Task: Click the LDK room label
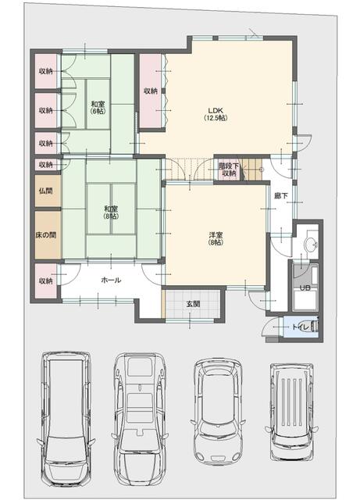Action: [x=216, y=114]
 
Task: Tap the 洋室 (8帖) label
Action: [x=216, y=238]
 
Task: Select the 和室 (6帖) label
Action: [x=98, y=108]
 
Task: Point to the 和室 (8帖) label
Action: [x=111, y=212]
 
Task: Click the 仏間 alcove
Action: [x=48, y=191]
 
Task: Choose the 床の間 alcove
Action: [x=48, y=235]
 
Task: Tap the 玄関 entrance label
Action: [x=193, y=304]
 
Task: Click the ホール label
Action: [x=111, y=280]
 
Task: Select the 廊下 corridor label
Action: [x=281, y=195]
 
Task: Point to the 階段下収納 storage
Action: [x=229, y=170]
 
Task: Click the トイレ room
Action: [x=300, y=327]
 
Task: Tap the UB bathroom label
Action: [x=305, y=287]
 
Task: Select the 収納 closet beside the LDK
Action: [x=151, y=91]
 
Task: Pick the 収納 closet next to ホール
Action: [x=46, y=281]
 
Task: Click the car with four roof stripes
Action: [x=291, y=412]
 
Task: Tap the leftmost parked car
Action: [x=66, y=419]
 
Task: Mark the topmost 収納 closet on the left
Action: [x=46, y=71]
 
